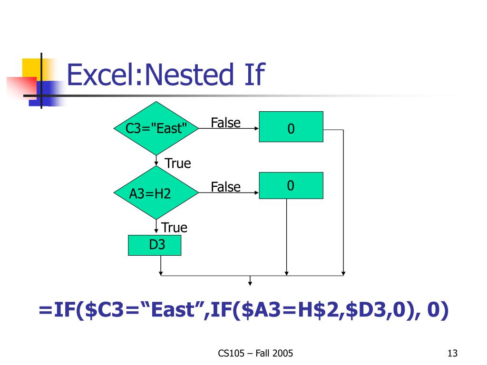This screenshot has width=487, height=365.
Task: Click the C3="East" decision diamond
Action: [x=156, y=128]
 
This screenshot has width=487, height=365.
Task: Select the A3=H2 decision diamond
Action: [x=156, y=193]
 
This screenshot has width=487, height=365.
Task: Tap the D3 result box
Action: [x=155, y=246]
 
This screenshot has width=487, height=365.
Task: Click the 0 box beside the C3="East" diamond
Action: [x=291, y=127]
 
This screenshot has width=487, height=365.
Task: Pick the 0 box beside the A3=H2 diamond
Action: [x=291, y=185]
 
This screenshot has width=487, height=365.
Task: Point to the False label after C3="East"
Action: [x=226, y=123]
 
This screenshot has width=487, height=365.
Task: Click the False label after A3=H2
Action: [x=226, y=187]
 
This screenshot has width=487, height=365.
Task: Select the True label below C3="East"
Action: [x=178, y=163]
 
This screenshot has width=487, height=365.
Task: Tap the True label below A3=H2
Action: [x=175, y=228]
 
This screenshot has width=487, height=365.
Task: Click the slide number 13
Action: [x=452, y=353]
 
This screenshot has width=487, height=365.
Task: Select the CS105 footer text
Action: [x=229, y=353]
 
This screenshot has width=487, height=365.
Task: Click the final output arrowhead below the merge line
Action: [x=250, y=284]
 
